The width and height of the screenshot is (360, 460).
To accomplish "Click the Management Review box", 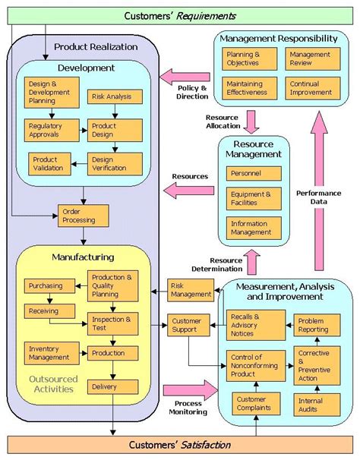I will click(x=311, y=59).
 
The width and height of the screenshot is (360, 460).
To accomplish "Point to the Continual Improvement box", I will click(x=311, y=90).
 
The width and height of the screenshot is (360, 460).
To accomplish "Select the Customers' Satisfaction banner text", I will click(x=180, y=444).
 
